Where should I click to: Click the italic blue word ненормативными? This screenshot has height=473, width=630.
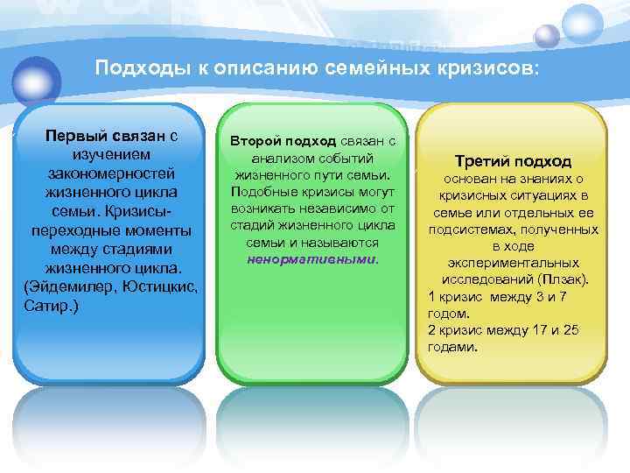pyautogui.click(x=311, y=259)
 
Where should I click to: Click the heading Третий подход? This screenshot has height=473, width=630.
pyautogui.click(x=514, y=161)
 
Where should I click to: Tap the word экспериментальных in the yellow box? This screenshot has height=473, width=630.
pyautogui.click(x=514, y=262)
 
